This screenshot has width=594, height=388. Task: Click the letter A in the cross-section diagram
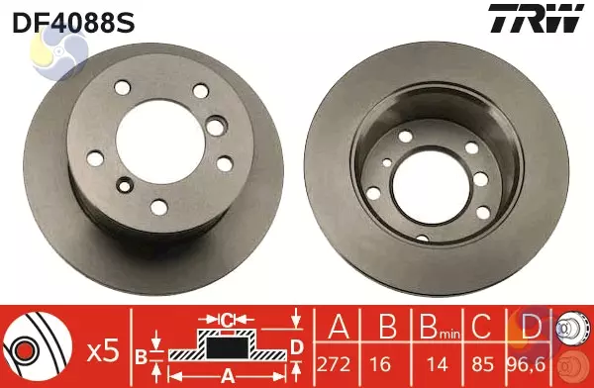pyautogui.click(x=227, y=375)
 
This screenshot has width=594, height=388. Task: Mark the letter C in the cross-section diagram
pyautogui.click(x=227, y=319)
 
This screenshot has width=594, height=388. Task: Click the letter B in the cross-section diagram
pyautogui.click(x=141, y=355)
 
